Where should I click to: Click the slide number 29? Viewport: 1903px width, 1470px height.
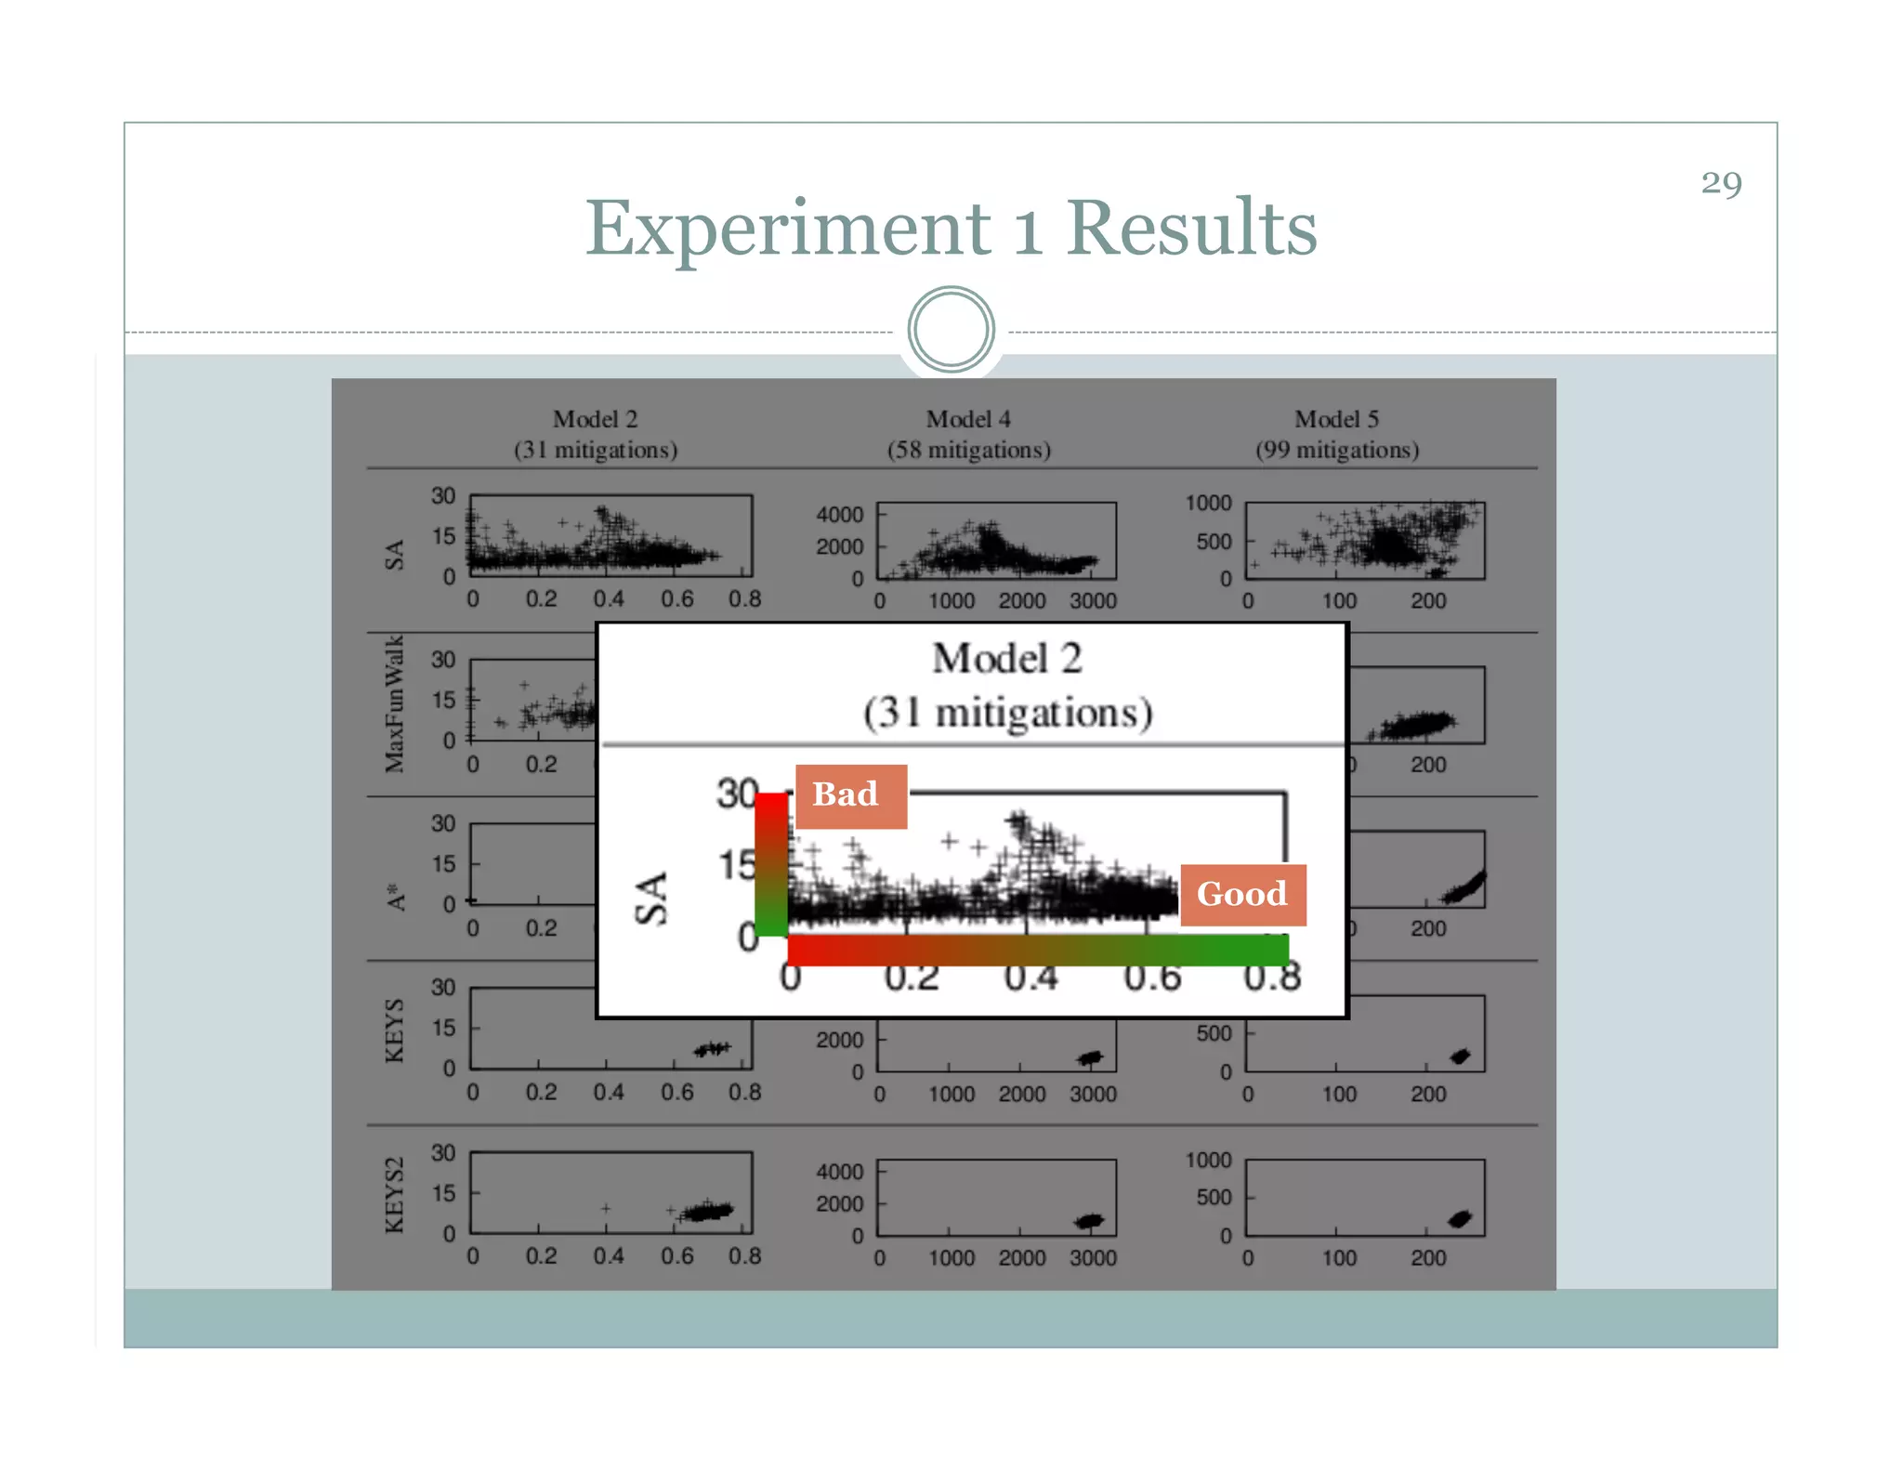point(1721,183)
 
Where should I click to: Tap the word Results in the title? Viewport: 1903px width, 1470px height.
point(1191,228)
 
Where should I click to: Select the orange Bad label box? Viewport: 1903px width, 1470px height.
point(850,795)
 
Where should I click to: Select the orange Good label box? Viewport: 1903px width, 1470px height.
point(1242,894)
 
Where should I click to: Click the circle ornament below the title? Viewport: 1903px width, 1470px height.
point(951,329)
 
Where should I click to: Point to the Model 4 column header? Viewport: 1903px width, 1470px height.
point(968,419)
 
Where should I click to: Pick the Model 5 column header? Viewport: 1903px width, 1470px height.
point(1336,419)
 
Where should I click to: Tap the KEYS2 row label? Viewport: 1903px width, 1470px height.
point(395,1195)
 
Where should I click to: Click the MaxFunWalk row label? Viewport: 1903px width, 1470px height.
point(395,703)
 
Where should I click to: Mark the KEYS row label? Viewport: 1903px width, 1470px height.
point(395,1030)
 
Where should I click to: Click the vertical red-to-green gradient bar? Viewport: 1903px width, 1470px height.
point(770,864)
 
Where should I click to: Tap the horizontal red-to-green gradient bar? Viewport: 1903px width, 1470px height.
point(1037,950)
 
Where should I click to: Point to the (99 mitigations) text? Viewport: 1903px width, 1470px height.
point(1337,451)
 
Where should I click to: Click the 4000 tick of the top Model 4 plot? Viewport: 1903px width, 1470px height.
point(839,515)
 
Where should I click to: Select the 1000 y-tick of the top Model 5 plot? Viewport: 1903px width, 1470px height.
point(1208,503)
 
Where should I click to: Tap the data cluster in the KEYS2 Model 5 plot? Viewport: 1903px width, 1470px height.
point(1460,1218)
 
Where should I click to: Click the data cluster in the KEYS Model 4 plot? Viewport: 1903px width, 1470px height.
point(1089,1057)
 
